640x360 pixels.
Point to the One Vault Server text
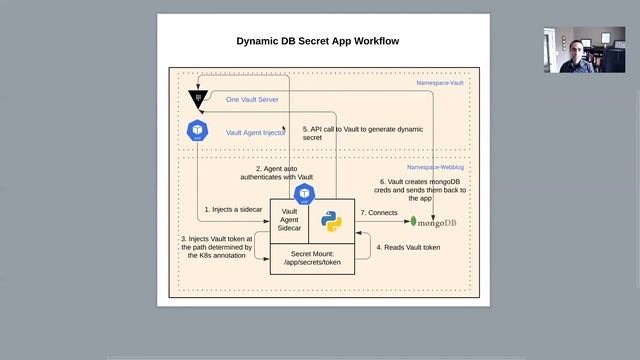click(x=252, y=100)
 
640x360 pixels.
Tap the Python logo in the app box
click(x=332, y=221)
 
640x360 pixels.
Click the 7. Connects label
click(x=378, y=213)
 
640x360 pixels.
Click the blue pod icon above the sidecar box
click(x=305, y=192)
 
